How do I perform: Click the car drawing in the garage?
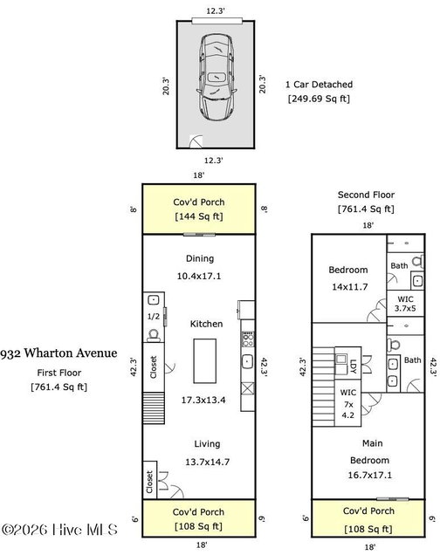click(x=216, y=78)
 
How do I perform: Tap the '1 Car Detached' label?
click(x=320, y=85)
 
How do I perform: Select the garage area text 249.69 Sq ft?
click(x=319, y=99)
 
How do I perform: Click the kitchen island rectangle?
click(x=204, y=361)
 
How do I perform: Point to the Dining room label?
click(x=200, y=259)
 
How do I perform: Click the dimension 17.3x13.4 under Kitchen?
click(x=203, y=400)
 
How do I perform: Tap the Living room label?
click(x=207, y=444)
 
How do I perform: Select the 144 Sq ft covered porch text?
click(x=199, y=216)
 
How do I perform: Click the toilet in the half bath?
click(x=154, y=335)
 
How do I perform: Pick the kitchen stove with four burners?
click(x=248, y=339)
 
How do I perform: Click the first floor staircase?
click(x=154, y=408)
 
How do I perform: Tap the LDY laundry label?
click(x=353, y=367)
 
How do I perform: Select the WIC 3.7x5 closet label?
click(x=405, y=304)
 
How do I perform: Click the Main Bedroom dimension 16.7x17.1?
click(x=370, y=475)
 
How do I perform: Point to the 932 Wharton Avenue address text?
click(x=58, y=353)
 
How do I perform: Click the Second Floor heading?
click(x=366, y=195)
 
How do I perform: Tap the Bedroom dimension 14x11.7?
click(x=350, y=287)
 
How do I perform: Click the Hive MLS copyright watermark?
click(x=60, y=530)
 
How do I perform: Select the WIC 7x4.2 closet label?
click(x=348, y=404)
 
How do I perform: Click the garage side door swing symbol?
click(x=196, y=141)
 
